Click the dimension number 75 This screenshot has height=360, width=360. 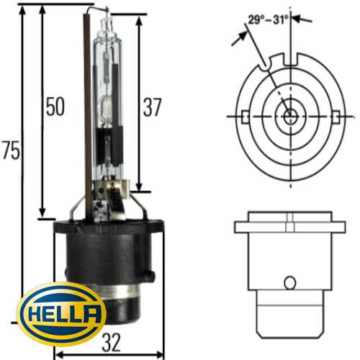tap(10, 151)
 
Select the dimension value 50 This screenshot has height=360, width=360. tap(54, 107)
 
